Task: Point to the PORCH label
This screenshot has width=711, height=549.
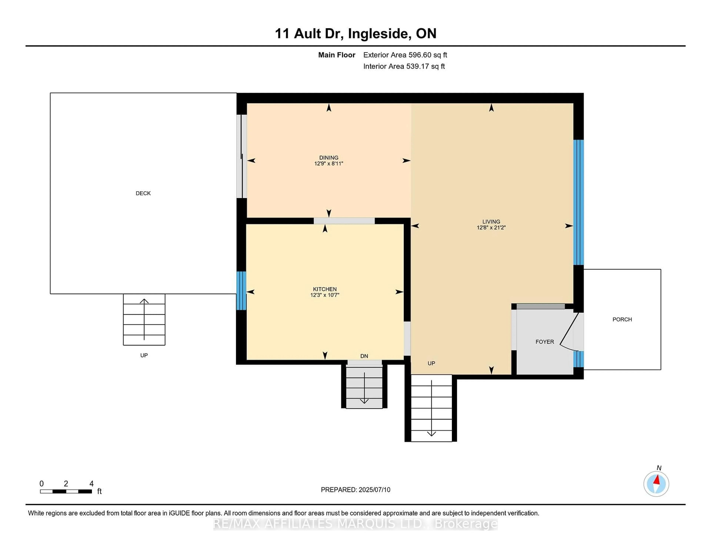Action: pyautogui.click(x=622, y=319)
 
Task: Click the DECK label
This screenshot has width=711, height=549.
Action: pyautogui.click(x=143, y=193)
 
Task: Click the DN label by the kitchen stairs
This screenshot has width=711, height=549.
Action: pyautogui.click(x=364, y=356)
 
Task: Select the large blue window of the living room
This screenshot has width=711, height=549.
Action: pyautogui.click(x=578, y=202)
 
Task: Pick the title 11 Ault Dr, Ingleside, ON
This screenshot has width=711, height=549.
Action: pyautogui.click(x=355, y=33)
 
